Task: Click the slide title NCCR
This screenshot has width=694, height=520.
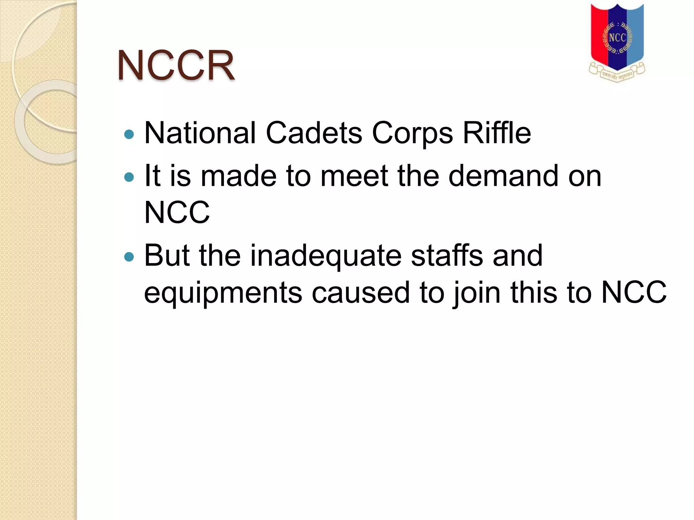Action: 176,65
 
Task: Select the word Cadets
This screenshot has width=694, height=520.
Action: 314,133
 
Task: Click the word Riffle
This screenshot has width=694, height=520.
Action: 497,133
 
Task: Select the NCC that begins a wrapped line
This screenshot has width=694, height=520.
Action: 177,212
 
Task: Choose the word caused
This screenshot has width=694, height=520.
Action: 361,292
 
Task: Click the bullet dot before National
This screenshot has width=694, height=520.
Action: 129,135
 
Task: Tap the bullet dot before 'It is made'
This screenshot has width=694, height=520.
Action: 129,177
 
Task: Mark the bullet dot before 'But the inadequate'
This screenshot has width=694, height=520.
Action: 129,257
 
